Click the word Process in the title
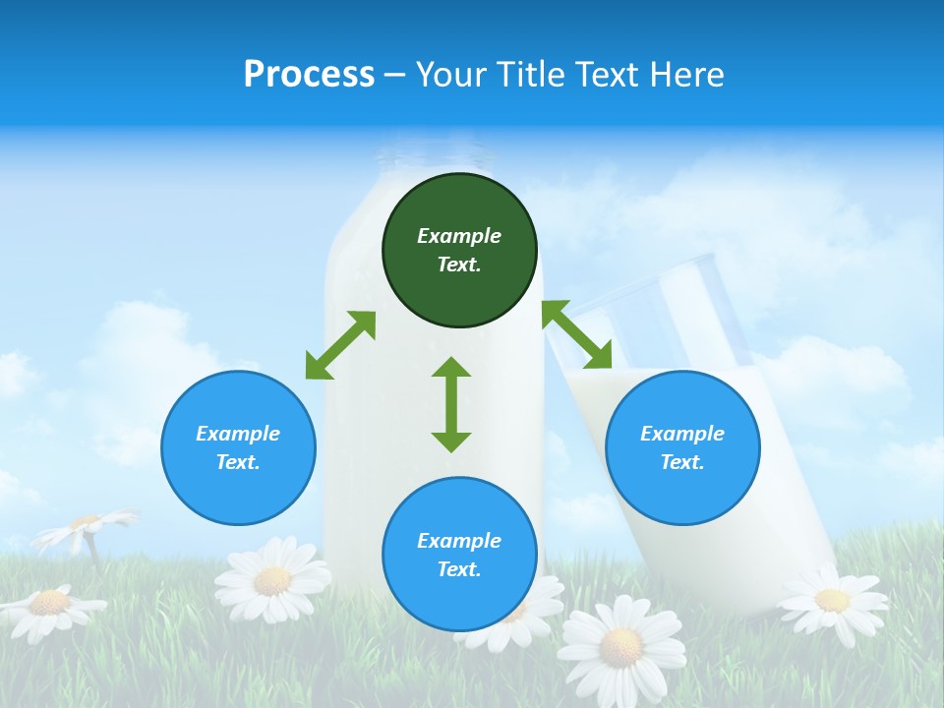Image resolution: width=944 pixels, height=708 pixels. pos(309,75)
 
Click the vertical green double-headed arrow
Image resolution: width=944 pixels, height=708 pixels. pos(451,404)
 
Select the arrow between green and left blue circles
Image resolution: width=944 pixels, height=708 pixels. pos(340,345)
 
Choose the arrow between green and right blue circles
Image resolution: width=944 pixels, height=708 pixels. pos(576,334)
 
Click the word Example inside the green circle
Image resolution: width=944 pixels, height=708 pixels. pos(459,236)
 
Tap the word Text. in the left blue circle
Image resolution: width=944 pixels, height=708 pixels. pos(238,462)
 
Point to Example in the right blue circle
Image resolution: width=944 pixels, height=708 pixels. pos(682,434)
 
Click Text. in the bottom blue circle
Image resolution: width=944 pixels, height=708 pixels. pos(459,569)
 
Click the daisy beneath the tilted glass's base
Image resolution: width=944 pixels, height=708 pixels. pos(832,597)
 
